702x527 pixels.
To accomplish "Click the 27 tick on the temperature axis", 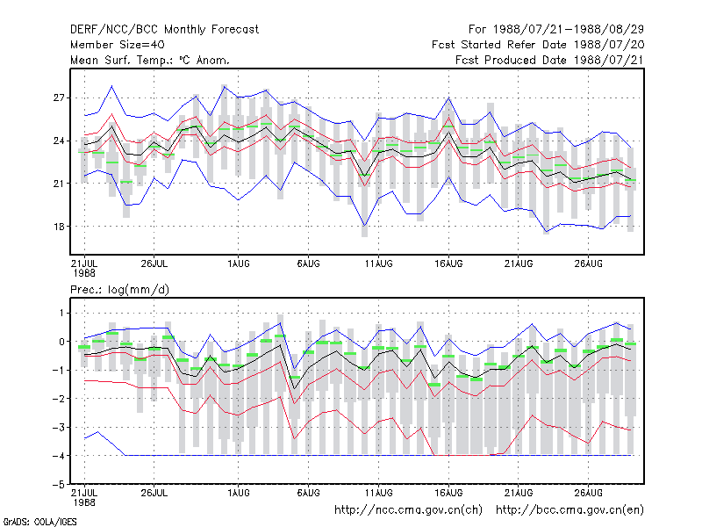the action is point(59,97).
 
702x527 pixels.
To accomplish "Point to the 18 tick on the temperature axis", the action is point(59,227).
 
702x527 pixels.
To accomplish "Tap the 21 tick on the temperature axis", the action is point(59,184).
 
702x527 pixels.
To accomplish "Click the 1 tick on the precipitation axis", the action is point(61,313).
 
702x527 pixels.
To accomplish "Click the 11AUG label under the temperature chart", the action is point(378,263).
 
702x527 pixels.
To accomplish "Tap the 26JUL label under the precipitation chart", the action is point(154,493).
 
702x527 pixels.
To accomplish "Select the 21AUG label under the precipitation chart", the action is point(519,493).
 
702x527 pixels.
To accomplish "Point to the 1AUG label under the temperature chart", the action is point(238,263).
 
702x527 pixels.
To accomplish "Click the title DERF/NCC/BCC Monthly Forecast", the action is point(164,30).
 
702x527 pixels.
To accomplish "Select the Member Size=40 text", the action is point(118,45).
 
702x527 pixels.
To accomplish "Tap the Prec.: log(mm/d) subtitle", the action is point(119,290).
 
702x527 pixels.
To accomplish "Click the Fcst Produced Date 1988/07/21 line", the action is point(550,60).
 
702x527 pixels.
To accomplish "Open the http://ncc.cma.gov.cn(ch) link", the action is point(408,510).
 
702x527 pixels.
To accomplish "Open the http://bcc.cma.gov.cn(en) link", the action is point(569,510).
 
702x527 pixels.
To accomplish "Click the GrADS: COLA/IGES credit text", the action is point(39,522).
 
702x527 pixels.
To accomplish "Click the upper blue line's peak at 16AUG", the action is point(448,97).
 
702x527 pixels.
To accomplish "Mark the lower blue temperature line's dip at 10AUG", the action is point(364,225).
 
